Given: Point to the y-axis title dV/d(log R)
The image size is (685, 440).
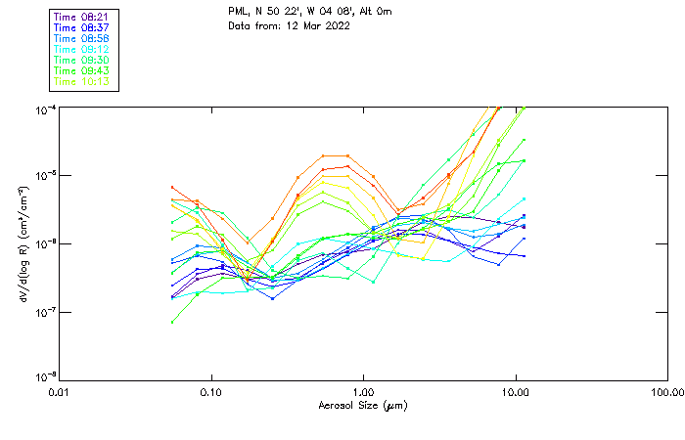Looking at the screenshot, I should (x=21, y=243).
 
